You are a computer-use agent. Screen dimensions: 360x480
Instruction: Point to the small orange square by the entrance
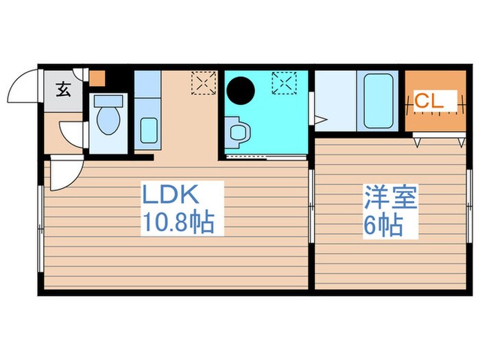pos(97,77)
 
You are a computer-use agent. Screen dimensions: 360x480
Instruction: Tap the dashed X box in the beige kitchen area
pos(202,83)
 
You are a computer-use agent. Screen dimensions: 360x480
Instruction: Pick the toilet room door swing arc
pos(71,134)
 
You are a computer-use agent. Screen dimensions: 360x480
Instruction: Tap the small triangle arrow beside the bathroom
pos(320,119)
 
